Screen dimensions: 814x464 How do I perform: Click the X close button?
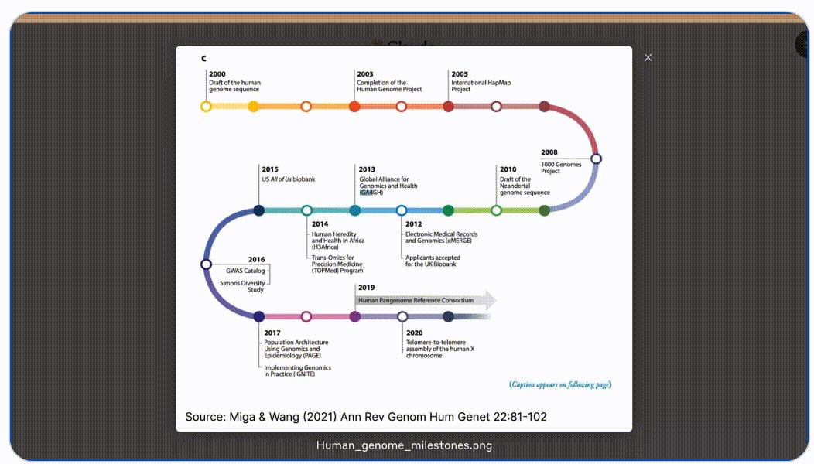pos(648,57)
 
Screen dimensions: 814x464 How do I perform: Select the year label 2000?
pos(217,74)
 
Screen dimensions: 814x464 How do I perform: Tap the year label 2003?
pos(365,74)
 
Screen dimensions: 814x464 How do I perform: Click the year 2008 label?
pos(549,152)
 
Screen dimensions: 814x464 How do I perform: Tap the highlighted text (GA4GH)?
pos(371,193)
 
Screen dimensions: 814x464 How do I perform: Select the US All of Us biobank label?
pos(289,179)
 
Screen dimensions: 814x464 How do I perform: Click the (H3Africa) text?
pos(325,247)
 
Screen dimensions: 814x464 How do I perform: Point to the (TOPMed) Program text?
pos(337,271)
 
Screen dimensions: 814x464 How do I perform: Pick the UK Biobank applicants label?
pos(433,261)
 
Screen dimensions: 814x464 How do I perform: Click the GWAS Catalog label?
pos(245,271)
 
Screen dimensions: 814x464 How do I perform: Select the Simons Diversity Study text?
pos(242,286)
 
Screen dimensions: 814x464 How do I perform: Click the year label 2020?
pos(414,333)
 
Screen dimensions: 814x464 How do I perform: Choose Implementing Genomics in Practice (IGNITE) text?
pos(297,370)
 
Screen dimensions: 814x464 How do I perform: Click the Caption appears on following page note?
pos(560,384)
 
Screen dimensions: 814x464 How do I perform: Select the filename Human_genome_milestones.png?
pos(404,445)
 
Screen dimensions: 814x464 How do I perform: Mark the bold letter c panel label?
pos(203,58)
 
